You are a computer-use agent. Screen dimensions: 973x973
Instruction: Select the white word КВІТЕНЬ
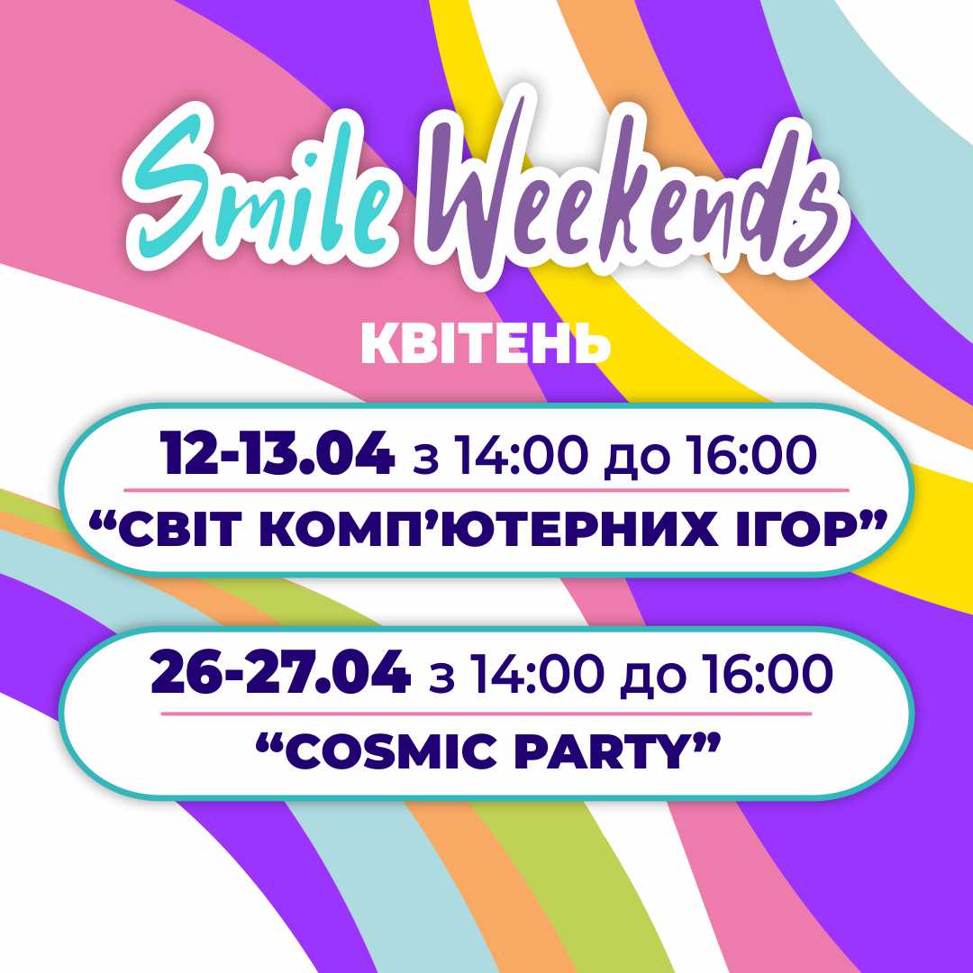click(486, 343)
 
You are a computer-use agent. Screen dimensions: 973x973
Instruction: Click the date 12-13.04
click(277, 454)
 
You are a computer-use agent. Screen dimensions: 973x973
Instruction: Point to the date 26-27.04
click(280, 673)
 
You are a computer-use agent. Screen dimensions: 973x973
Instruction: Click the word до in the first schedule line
click(637, 460)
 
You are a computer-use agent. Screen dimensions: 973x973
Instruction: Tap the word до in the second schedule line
click(653, 679)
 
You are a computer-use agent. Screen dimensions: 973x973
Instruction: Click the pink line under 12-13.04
click(486, 490)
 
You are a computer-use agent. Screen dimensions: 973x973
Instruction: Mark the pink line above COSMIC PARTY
click(486, 714)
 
